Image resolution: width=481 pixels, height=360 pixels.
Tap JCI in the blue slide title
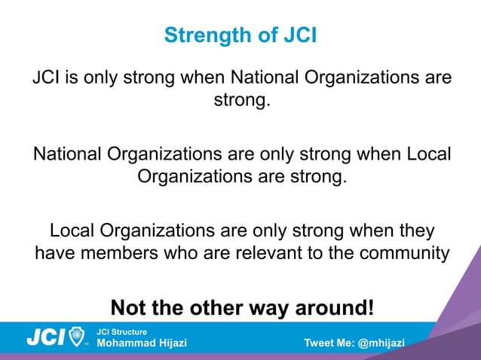click(297, 35)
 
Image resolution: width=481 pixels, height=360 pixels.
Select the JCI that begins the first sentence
click(44, 78)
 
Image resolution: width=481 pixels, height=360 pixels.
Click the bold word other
click(200, 308)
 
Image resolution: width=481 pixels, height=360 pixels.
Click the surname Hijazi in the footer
click(170, 343)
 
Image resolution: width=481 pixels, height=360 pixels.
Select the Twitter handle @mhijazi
click(381, 343)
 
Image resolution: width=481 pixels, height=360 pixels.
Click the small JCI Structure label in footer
click(121, 332)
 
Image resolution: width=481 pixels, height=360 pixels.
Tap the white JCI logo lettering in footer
click(45, 337)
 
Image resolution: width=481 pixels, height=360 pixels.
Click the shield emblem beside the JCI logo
click(77, 337)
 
